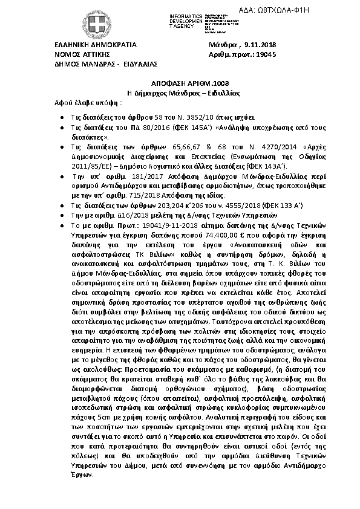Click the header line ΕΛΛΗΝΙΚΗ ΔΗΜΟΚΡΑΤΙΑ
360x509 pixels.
coord(96,45)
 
